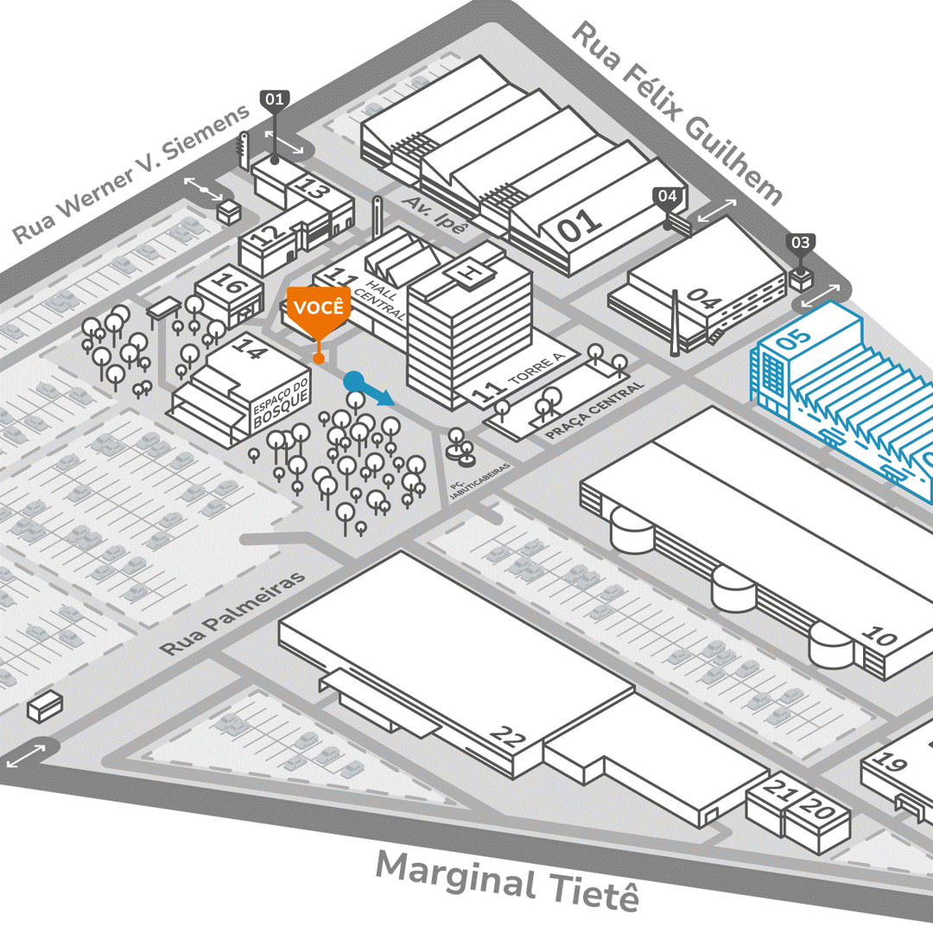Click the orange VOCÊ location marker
click(319, 309)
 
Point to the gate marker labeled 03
click(801, 244)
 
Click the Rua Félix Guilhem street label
click(677, 112)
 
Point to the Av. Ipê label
click(435, 215)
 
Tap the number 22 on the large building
click(508, 736)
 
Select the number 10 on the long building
click(880, 638)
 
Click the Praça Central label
click(595, 410)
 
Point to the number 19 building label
click(890, 761)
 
